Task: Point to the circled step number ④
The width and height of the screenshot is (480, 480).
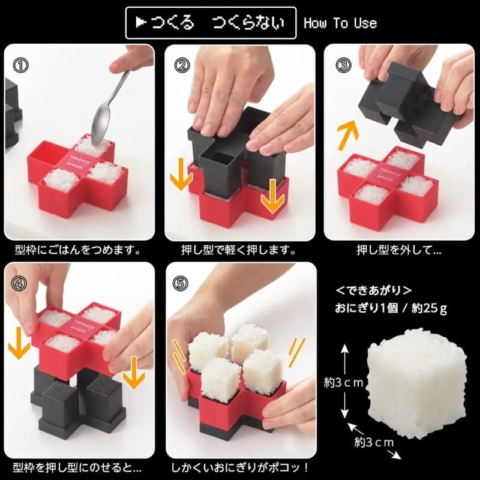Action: pos(20,282)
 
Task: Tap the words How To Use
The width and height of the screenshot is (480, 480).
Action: pos(340,23)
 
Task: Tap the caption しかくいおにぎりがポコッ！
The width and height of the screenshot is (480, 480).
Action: pos(240,466)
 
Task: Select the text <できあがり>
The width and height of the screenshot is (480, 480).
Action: pos(373,290)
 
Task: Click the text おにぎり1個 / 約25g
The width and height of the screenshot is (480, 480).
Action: pos(390,310)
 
